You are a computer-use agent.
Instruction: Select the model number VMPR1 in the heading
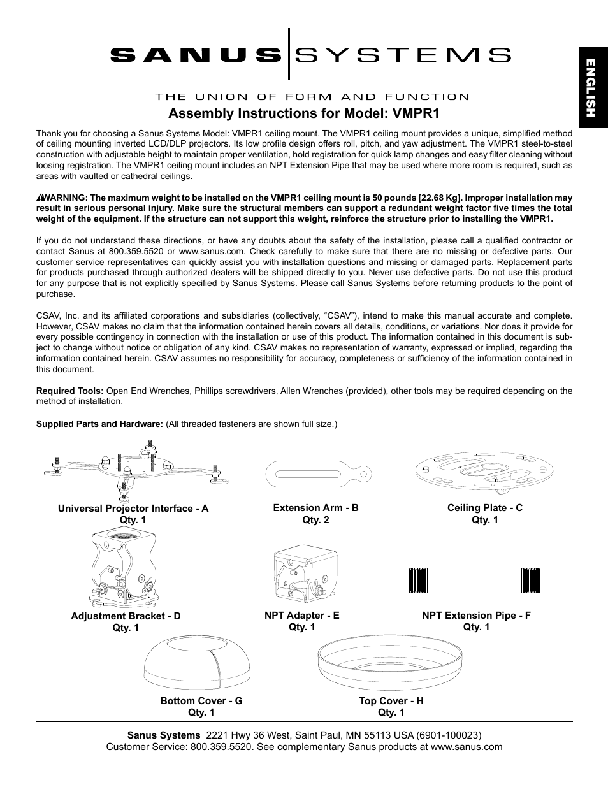tap(416, 113)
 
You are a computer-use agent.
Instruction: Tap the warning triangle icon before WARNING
tap(40, 198)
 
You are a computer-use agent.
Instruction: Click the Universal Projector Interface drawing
tap(136, 470)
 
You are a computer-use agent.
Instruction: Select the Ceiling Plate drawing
tap(484, 471)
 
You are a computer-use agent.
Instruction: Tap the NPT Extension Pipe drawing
tap(474, 580)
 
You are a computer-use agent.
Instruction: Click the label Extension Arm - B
tap(315, 508)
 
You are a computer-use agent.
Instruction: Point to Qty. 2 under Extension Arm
tap(315, 519)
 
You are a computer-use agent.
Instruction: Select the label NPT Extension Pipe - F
tap(476, 615)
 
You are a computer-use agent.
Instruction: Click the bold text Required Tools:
tap(69, 391)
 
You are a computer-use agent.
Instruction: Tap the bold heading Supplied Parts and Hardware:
tap(99, 424)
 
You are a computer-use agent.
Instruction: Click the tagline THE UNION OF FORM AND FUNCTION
tap(312, 97)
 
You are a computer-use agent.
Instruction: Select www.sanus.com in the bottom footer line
tap(467, 746)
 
